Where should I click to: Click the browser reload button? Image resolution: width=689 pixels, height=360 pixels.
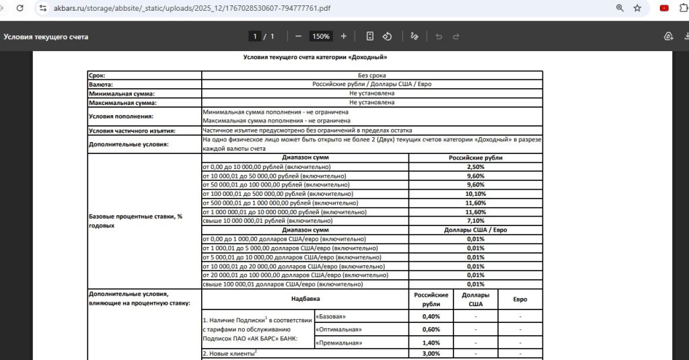(20, 8)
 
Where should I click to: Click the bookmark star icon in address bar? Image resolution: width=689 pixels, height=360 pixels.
(637, 8)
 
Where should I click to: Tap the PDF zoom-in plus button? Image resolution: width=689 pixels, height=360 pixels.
(344, 36)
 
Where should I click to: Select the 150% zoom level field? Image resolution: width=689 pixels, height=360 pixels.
(320, 36)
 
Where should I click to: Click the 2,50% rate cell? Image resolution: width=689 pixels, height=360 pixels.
(476, 166)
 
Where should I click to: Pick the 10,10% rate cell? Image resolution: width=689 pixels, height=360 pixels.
(476, 194)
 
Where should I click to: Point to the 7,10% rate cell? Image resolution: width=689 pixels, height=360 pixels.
(476, 221)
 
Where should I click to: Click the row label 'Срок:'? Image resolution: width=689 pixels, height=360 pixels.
(97, 75)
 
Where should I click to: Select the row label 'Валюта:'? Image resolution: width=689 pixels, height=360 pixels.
(101, 85)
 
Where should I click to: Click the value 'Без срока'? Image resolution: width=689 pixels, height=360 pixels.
(371, 75)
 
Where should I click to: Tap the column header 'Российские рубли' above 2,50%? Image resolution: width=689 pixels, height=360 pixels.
(476, 157)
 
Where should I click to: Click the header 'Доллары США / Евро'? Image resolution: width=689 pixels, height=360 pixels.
(476, 229)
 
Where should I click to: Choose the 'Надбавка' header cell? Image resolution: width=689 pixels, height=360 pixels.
(305, 298)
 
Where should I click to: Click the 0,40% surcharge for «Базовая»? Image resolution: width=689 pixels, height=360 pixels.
(431, 316)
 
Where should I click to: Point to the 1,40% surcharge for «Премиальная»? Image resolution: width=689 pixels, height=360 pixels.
(431, 343)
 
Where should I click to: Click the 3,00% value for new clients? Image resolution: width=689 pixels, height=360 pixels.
(431, 353)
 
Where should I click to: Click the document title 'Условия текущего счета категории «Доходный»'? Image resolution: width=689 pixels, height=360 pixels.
(315, 58)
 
